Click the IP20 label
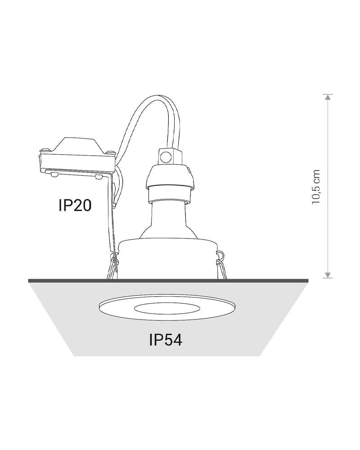click(x=75, y=206)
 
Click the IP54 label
click(x=166, y=340)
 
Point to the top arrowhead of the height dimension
click(x=328, y=97)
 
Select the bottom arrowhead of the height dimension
click(x=328, y=275)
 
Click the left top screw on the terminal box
click(x=44, y=149)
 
